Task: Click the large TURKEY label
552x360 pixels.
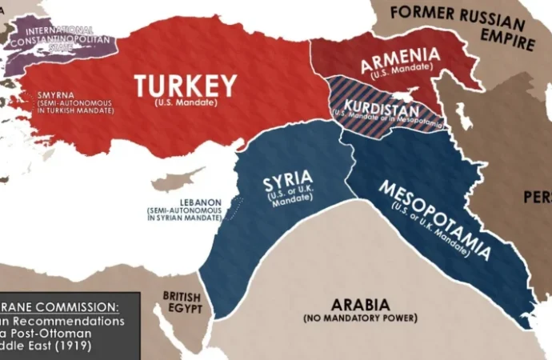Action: [x=185, y=85]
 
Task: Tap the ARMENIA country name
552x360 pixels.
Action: [x=400, y=58]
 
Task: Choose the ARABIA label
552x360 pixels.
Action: [x=360, y=305]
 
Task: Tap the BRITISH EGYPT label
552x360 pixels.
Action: [x=182, y=302]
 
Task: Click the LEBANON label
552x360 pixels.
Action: [x=169, y=200]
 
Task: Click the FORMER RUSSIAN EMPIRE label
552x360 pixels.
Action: [x=462, y=26]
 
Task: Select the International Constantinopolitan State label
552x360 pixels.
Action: [x=54, y=36]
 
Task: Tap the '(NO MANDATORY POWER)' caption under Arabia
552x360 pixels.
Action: [x=360, y=318]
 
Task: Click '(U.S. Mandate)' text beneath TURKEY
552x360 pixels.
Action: [x=186, y=103]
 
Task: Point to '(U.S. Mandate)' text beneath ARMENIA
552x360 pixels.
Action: [x=400, y=73]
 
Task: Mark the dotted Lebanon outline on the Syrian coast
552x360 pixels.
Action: [x=234, y=210]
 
